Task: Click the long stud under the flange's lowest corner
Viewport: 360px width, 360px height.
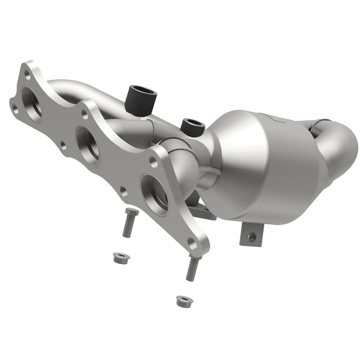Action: coord(192,268)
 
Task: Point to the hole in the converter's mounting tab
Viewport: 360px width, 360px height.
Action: coord(251,237)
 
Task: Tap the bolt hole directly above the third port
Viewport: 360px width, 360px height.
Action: coord(153,160)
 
